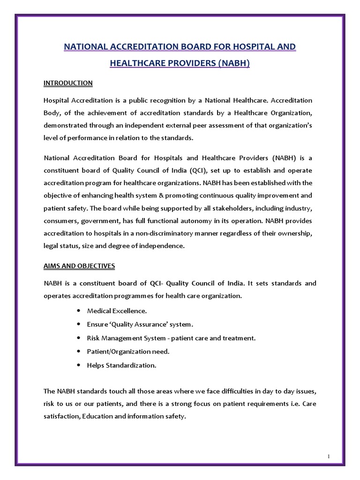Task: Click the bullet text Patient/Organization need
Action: (x=128, y=352)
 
